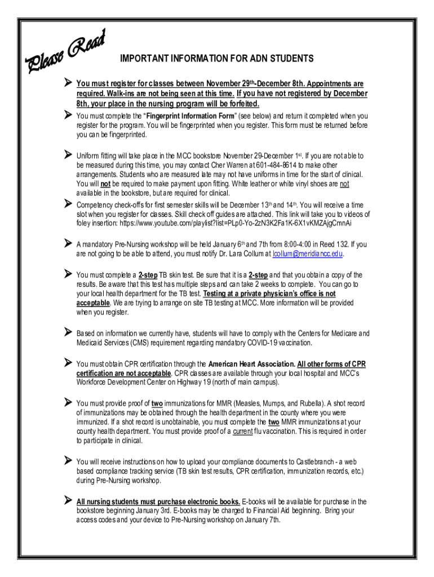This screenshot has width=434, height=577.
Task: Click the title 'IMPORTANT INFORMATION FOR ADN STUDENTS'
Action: click(x=217, y=59)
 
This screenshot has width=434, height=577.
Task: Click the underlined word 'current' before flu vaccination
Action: click(x=242, y=432)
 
